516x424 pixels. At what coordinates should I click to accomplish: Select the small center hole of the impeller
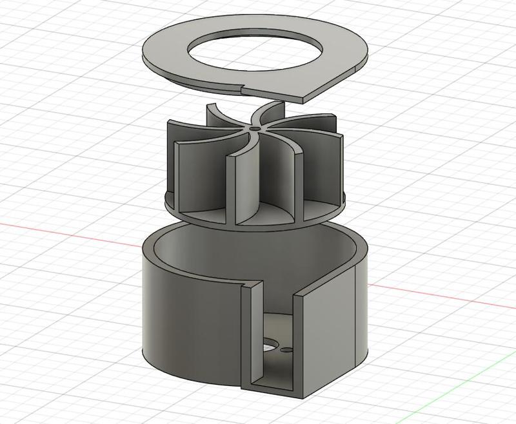coord(257,129)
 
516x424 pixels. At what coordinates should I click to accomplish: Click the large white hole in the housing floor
coord(268,348)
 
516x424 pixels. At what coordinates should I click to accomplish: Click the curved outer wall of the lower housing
coord(187,322)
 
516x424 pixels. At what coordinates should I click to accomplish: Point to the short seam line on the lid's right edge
coord(357,67)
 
